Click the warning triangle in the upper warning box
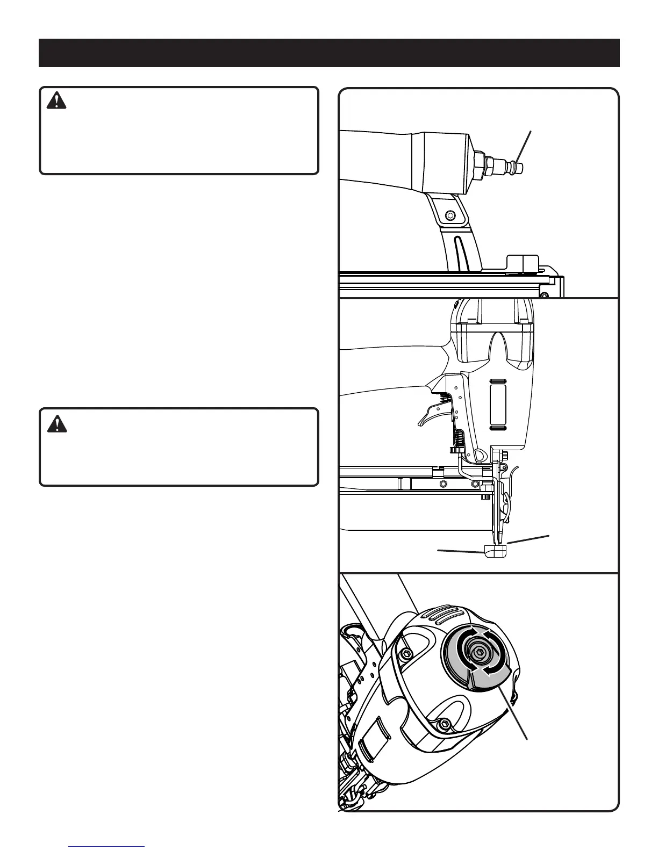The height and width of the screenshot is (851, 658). pyautogui.click(x=56, y=100)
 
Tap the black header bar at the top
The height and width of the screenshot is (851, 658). pyautogui.click(x=329, y=53)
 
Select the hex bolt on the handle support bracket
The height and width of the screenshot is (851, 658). pyautogui.click(x=450, y=215)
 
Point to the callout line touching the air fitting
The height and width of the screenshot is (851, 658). pyautogui.click(x=525, y=145)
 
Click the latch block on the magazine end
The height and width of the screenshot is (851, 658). pyautogui.click(x=523, y=263)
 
